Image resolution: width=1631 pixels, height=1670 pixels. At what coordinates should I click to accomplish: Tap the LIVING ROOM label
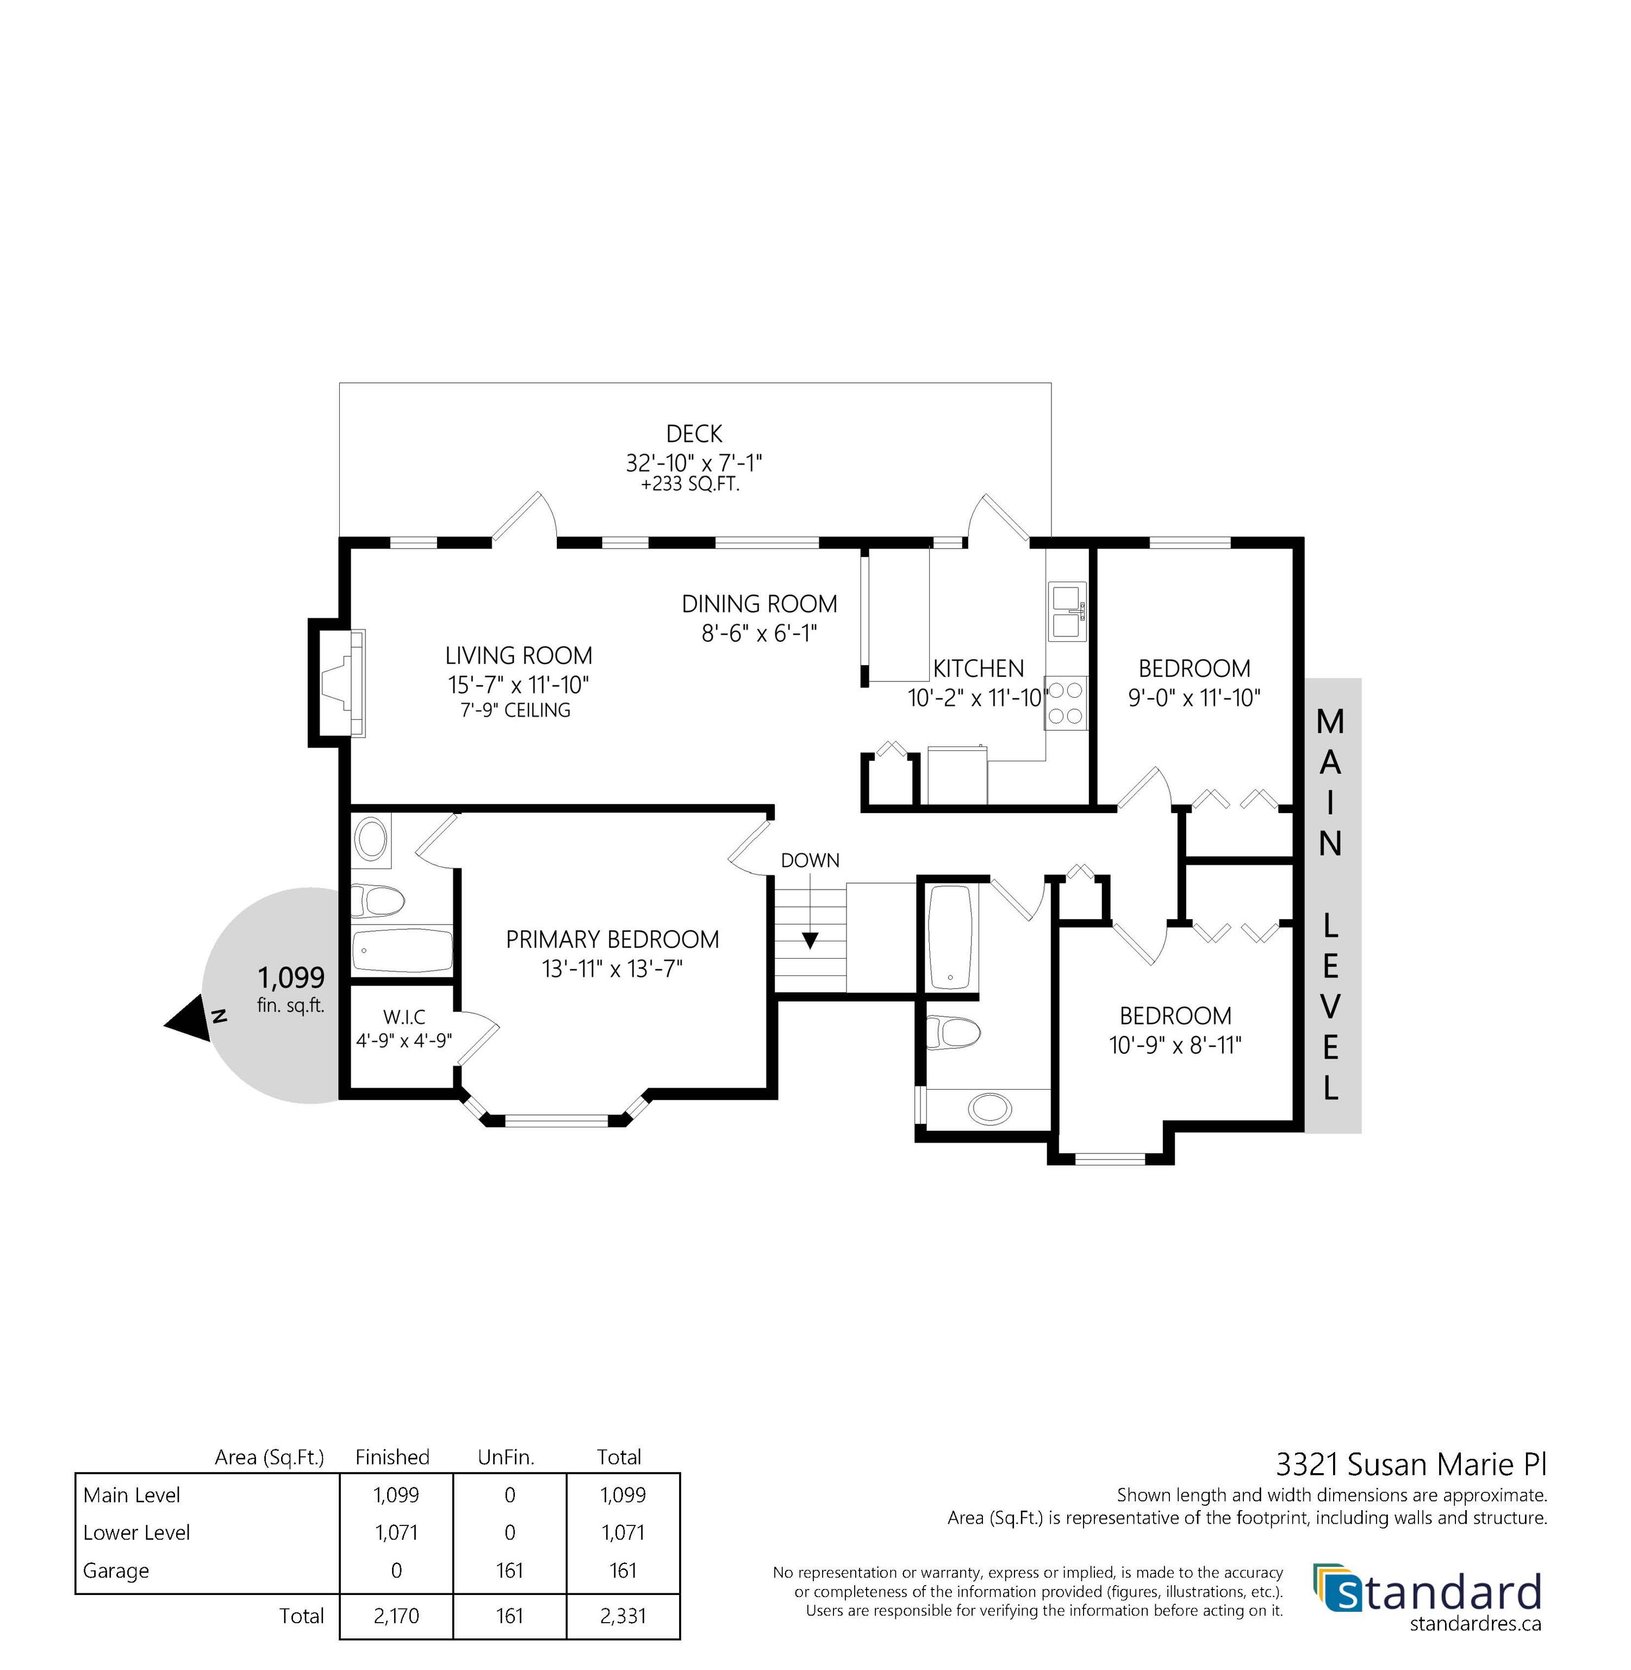[x=518, y=655]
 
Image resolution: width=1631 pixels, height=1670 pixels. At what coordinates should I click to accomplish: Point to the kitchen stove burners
[x=1066, y=703]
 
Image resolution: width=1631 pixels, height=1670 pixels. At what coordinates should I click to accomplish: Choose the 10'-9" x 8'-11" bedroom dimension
[x=1175, y=1045]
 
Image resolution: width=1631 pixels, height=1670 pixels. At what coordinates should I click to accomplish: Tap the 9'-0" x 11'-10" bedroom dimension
[x=1194, y=698]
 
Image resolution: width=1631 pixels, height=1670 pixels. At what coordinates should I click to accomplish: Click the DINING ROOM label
[x=759, y=604]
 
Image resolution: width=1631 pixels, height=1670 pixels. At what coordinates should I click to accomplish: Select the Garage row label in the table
[x=116, y=1570]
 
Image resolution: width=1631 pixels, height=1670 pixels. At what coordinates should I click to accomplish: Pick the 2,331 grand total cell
[x=622, y=1616]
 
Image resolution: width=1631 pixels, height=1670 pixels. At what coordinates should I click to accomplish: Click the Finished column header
[x=393, y=1457]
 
